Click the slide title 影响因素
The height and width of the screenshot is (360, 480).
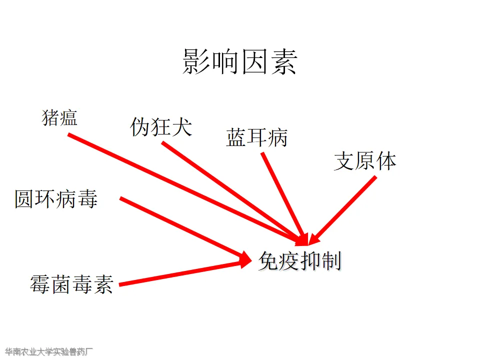coord(240,62)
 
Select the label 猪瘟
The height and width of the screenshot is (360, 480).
coord(59,118)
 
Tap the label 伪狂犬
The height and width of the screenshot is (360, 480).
coord(161,126)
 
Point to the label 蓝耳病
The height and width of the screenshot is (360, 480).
coord(257,137)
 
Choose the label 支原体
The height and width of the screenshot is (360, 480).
coord(365,161)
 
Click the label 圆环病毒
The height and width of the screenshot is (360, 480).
coord(56,199)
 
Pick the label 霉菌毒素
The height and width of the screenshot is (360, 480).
coord(71,284)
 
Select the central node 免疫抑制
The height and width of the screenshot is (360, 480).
coord(299,261)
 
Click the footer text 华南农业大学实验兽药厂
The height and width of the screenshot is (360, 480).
coord(49,351)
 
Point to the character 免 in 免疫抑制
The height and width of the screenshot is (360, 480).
coord(268,261)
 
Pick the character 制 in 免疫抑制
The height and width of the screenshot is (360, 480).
coord(330,261)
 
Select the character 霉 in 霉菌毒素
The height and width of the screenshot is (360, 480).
coord(40,284)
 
